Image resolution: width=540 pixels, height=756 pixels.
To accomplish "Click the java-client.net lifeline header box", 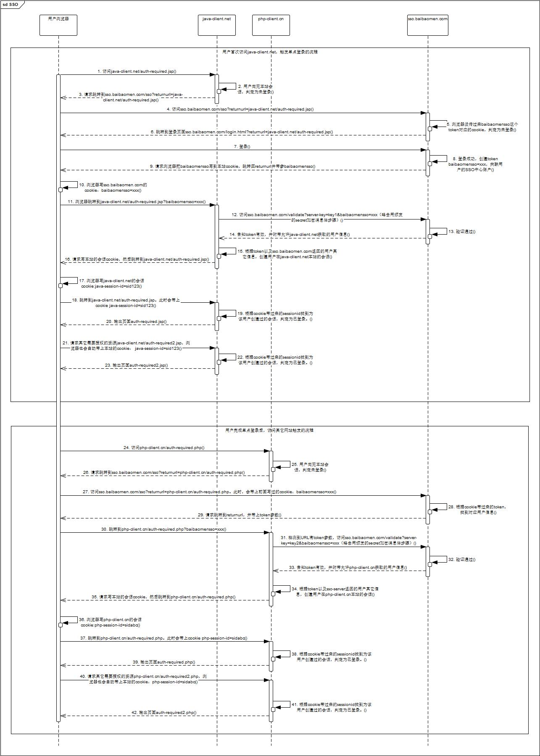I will click(x=216, y=25).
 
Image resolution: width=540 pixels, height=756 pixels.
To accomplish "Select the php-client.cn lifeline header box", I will click(x=271, y=25).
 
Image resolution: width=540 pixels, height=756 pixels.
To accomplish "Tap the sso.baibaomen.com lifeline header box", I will click(x=428, y=25).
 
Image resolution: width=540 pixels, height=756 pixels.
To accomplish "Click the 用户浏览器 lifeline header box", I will click(x=58, y=25).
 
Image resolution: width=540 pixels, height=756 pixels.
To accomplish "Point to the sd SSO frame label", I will click(x=11, y=5).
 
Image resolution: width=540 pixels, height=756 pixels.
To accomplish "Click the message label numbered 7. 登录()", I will click(x=242, y=147).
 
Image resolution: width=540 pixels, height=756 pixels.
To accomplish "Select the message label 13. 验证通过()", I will click(x=461, y=232).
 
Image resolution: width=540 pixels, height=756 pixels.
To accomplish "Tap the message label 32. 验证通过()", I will click(x=461, y=560).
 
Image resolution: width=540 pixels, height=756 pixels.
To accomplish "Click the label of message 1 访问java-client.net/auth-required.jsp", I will click(x=137, y=71).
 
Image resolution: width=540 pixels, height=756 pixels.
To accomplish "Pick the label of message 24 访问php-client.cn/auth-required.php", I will click(x=164, y=448).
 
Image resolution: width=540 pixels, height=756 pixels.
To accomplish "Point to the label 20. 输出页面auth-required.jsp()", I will click(x=136, y=322).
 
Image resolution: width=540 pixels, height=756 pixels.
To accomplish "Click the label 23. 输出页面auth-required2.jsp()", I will click(x=136, y=365).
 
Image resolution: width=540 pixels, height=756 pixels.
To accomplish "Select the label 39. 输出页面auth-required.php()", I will click(x=164, y=662).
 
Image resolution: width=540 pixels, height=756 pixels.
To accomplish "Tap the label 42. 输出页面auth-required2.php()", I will click(x=164, y=713).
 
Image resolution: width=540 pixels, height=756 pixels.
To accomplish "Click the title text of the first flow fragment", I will click(x=270, y=52).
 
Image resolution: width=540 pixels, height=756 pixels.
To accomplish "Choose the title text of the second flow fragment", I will click(x=269, y=431).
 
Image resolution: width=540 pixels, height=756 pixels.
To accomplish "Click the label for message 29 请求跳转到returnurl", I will click(x=240, y=515).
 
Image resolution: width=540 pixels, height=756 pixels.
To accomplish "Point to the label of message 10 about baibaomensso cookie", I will click(x=113, y=188).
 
